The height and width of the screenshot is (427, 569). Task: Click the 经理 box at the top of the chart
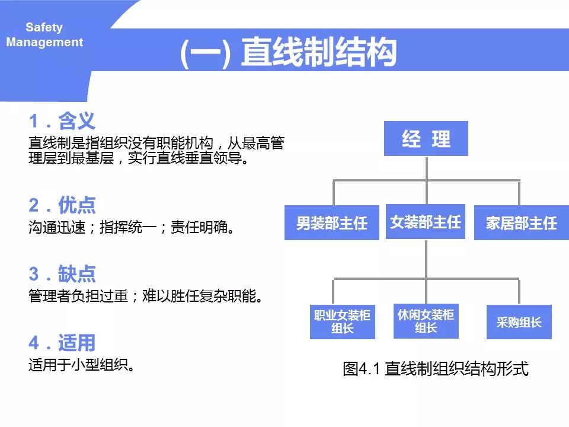(426, 139)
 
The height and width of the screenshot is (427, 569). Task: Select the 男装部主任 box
(332, 222)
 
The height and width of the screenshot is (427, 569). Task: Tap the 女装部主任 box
(426, 221)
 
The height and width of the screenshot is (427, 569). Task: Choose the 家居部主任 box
(522, 222)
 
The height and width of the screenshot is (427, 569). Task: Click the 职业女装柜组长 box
(343, 322)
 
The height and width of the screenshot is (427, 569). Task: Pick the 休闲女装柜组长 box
(426, 321)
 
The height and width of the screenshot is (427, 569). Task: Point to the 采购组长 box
(519, 322)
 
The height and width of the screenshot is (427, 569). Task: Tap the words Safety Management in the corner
(44, 35)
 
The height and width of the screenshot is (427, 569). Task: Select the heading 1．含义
(62, 122)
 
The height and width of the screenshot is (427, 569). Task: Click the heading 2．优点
(62, 205)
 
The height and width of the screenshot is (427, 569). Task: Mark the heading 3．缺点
(62, 274)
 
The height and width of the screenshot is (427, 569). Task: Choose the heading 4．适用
(62, 343)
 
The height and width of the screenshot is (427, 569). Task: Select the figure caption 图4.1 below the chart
(435, 369)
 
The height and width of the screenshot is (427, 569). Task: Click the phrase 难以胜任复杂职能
(204, 295)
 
